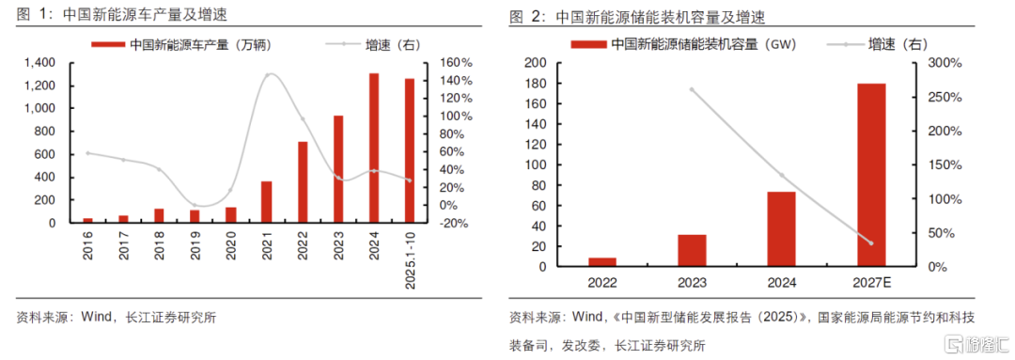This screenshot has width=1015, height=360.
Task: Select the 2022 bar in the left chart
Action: point(303,182)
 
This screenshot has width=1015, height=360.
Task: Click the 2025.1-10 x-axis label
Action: point(410,259)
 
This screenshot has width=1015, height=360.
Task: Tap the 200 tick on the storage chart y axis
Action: point(537,63)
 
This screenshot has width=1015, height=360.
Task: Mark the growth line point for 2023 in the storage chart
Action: point(692,89)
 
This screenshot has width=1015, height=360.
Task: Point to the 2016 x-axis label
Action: point(87,247)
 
